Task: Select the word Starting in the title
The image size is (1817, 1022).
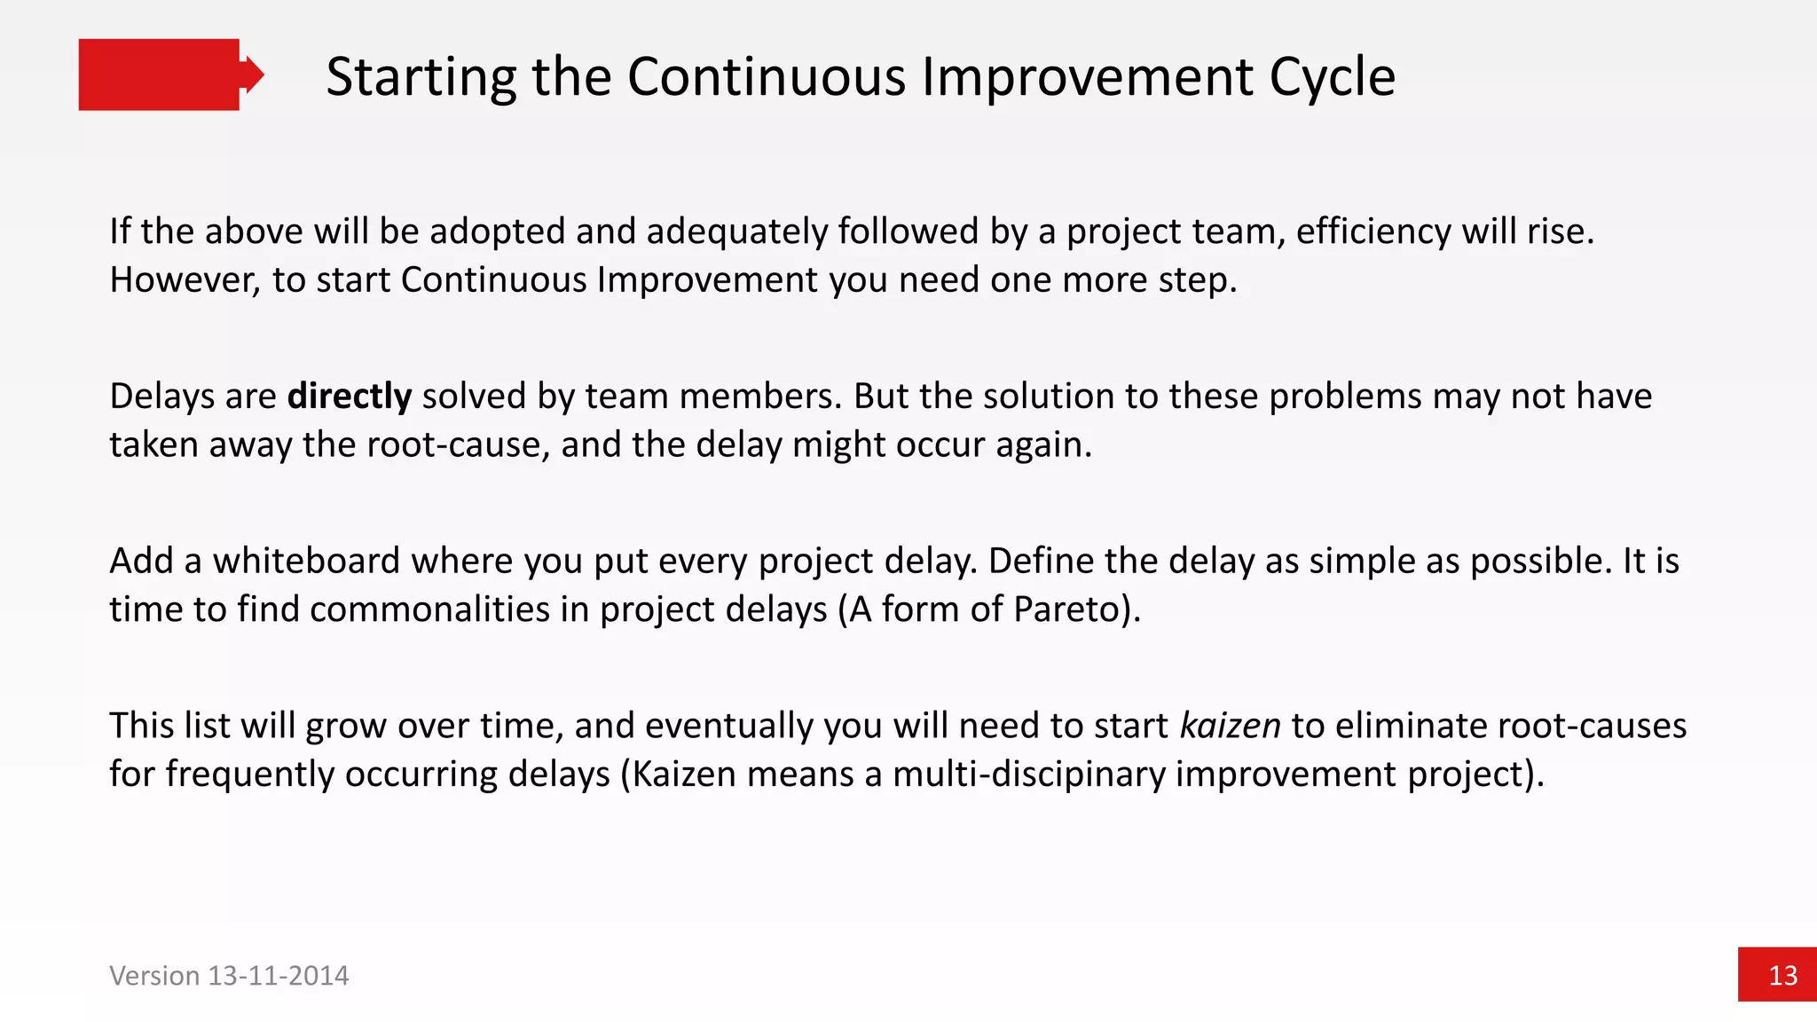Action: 421,77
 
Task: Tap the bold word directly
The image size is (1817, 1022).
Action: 350,396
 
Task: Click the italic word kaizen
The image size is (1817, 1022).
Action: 1230,726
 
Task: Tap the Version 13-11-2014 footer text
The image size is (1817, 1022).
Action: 229,976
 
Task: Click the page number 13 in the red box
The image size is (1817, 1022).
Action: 1782,976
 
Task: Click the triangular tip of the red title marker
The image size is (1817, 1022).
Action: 254,75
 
